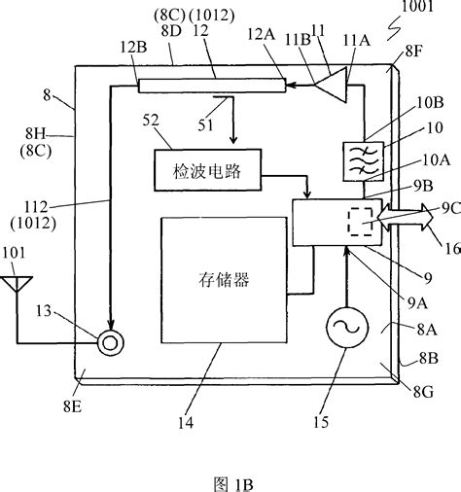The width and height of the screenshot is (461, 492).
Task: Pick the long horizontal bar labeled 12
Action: (212, 86)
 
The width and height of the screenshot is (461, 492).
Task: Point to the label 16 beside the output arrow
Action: (443, 250)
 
